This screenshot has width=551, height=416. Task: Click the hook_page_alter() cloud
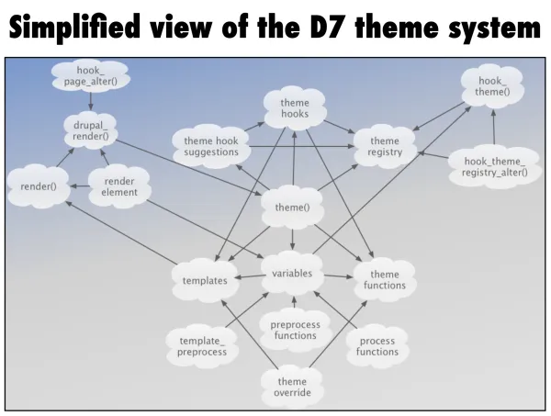tap(91, 76)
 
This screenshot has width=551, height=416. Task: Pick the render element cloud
tap(119, 187)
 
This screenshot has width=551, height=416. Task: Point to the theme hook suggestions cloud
tap(211, 147)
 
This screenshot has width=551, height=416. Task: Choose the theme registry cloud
tap(385, 147)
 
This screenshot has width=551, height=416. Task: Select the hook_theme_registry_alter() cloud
tap(489, 167)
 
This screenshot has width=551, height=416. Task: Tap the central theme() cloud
tap(293, 208)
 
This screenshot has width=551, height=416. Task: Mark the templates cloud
tap(205, 281)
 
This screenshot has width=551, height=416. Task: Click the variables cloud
tap(293, 274)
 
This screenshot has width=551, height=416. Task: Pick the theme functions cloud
tap(385, 280)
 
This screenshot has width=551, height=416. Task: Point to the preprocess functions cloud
tap(294, 329)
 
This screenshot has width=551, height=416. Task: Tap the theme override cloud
tap(292, 388)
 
